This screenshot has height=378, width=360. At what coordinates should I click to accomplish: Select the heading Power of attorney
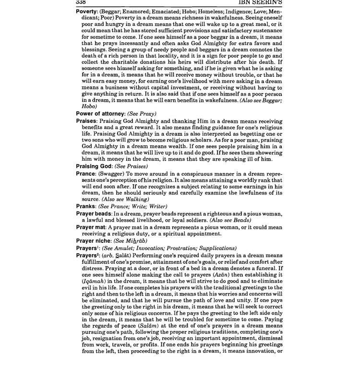click(100, 114)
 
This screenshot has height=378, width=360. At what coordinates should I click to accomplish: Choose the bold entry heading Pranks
click(87, 206)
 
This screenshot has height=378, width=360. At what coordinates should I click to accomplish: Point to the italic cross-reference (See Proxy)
click(142, 114)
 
